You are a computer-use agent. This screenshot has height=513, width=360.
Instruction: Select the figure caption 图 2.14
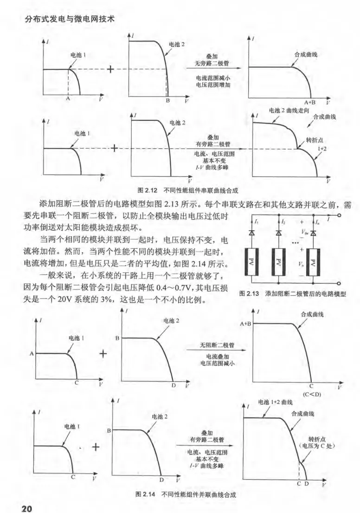pyautogui.click(x=144, y=494)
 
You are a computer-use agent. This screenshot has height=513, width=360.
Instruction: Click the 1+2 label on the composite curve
pyautogui.click(x=322, y=148)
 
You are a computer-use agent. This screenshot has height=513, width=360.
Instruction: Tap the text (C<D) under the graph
pyautogui.click(x=312, y=394)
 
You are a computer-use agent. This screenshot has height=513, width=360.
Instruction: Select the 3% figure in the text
pyautogui.click(x=109, y=299)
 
